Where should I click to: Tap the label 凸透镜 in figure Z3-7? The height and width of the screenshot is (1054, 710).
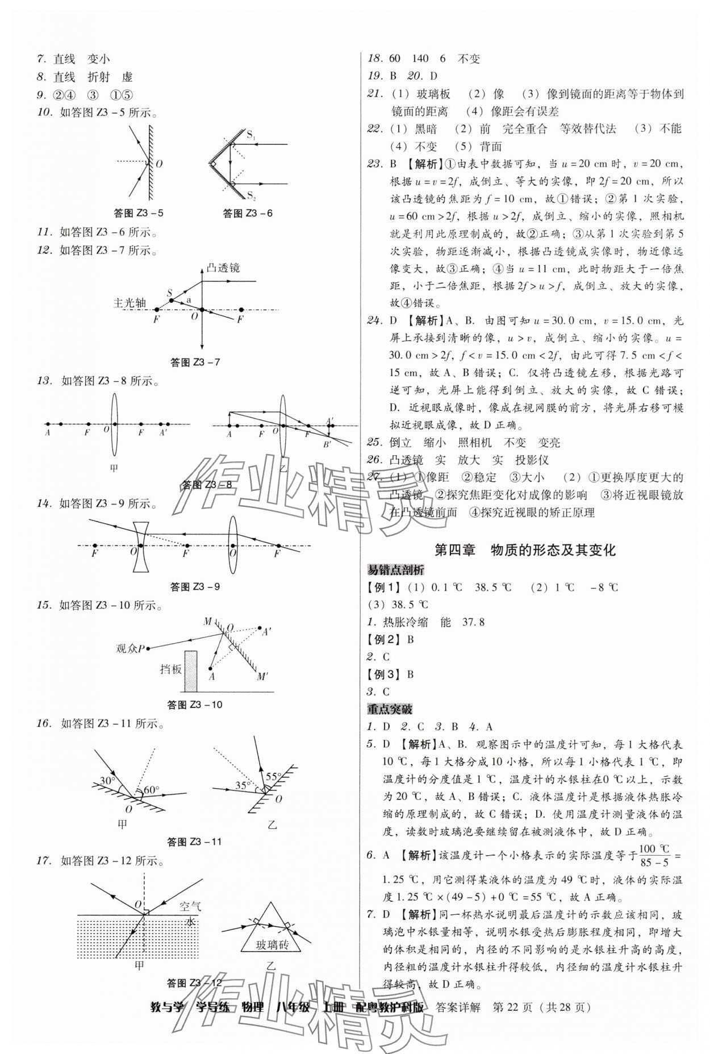point(223,268)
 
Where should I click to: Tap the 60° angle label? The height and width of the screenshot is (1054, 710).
point(151,789)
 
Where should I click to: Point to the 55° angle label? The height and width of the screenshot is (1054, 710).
point(274,777)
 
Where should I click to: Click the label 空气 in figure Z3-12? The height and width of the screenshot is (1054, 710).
point(190,907)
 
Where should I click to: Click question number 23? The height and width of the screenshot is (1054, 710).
point(374,164)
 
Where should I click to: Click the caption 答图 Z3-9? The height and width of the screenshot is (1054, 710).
point(195,586)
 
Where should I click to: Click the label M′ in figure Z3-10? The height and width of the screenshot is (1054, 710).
point(262,676)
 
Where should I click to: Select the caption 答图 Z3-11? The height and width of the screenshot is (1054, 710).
point(194,842)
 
